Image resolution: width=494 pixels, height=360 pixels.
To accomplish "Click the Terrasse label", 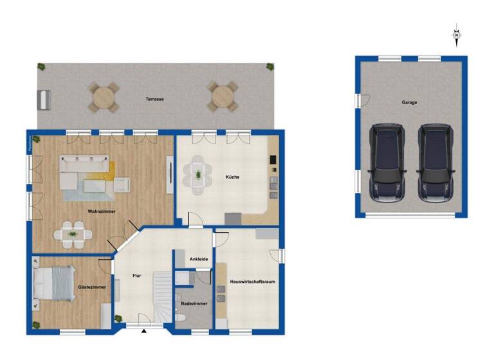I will (154, 99).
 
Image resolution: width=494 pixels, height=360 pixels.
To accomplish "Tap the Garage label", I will (409, 102).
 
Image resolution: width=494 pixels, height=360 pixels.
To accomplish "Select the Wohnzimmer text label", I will (102, 211).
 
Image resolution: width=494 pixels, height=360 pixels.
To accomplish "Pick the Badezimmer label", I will (194, 302).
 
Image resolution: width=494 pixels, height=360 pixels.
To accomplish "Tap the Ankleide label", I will (197, 259).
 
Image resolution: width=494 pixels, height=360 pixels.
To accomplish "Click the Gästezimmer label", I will (91, 287).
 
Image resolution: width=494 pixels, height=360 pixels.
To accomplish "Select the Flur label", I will (136, 275).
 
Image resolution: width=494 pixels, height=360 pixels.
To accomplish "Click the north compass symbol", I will (457, 35).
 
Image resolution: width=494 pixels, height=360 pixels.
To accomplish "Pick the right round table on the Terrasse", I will (222, 96).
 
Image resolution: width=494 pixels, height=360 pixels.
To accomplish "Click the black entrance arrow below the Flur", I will (144, 332).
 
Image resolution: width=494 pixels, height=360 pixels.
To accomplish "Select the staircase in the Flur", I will (163, 296).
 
